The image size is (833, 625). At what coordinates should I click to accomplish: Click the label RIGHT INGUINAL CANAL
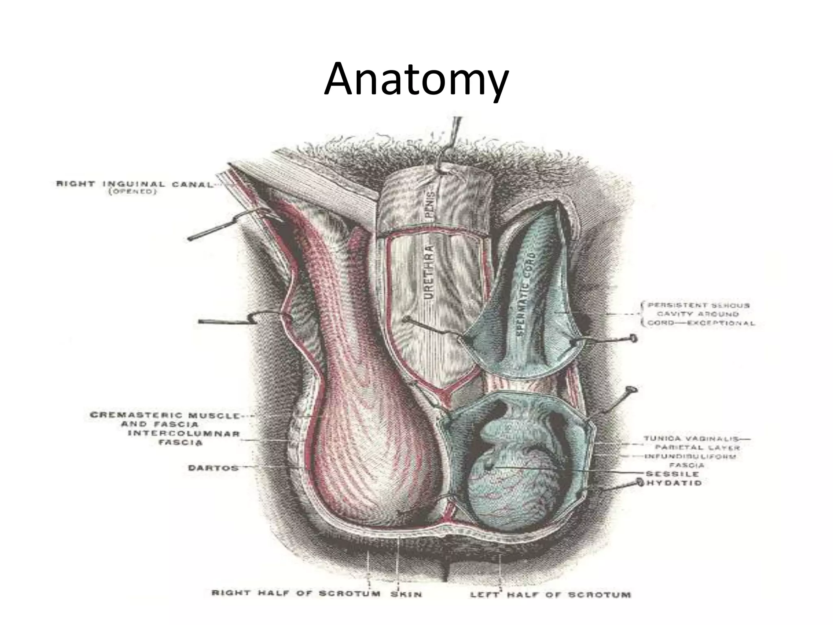[x=134, y=184]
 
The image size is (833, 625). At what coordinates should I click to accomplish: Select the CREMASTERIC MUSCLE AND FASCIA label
[x=165, y=420]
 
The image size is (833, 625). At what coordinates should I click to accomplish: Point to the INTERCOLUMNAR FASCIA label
[x=184, y=438]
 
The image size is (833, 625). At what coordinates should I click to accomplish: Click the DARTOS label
[x=213, y=468]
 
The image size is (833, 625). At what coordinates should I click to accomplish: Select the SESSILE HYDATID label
[x=673, y=479]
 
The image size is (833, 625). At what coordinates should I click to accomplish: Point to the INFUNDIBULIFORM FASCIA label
[x=691, y=461]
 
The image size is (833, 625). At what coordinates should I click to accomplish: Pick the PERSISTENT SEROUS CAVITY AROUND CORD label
[x=698, y=314]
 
